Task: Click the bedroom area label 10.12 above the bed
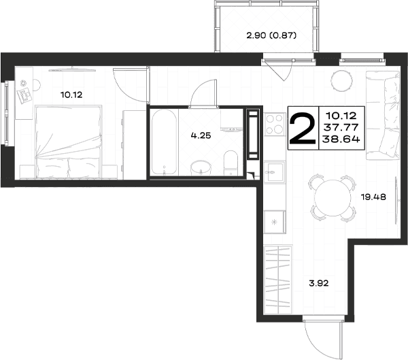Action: coord(71,95)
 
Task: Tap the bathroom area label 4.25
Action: coord(201,135)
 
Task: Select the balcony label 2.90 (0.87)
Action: coord(271,35)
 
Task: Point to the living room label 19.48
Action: coord(373,197)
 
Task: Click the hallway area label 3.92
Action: coord(319,283)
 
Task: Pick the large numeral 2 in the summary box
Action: coord(303,128)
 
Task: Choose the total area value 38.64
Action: coord(341,140)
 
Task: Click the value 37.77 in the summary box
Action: coord(341,127)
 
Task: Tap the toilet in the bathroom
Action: coord(231,163)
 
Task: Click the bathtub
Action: coord(164,142)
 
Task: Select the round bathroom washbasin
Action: coord(201,168)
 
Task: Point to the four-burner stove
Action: coord(275,124)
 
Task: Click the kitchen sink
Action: coord(275,172)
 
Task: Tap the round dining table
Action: coord(333,198)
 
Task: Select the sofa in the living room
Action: coord(383,115)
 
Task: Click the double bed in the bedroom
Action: coord(68,142)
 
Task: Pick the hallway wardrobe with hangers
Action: coord(278,279)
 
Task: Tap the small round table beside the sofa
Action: coord(341,80)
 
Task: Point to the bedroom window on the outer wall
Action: coord(6,113)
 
